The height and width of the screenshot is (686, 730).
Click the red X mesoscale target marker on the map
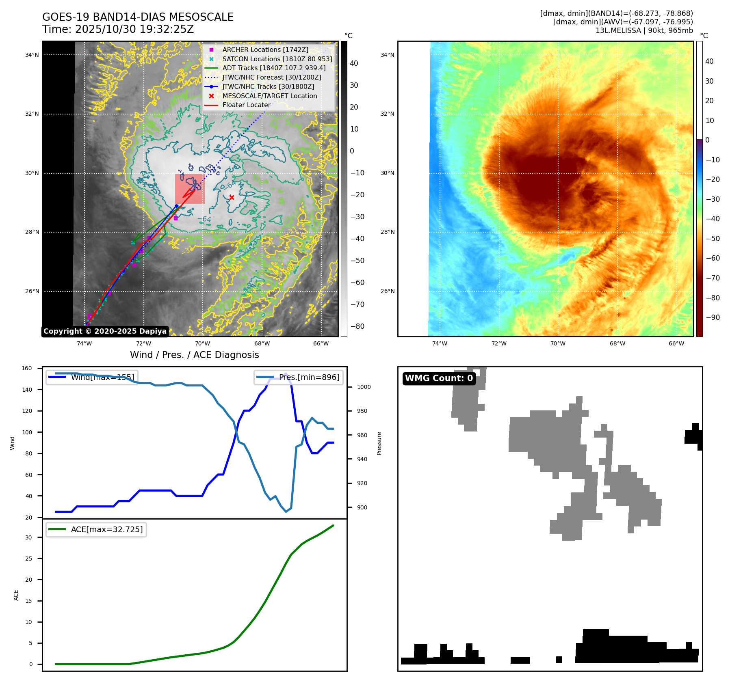pyautogui.click(x=232, y=198)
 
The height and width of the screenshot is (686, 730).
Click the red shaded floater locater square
pyautogui.click(x=190, y=189)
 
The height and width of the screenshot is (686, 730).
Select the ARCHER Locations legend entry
pyautogui.click(x=265, y=50)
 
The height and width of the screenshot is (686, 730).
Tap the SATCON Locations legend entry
pyautogui.click(x=277, y=59)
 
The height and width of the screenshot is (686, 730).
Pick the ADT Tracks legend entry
pyautogui.click(x=273, y=68)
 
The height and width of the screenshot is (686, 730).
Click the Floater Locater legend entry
pyautogui.click(x=246, y=105)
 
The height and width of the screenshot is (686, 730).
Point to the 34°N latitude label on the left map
pyautogui.click(x=32, y=55)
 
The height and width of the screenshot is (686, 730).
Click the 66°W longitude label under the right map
pyautogui.click(x=676, y=343)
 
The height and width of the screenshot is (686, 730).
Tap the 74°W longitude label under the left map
pyautogui.click(x=84, y=343)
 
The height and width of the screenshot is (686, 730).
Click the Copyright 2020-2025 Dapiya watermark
pyautogui.click(x=105, y=331)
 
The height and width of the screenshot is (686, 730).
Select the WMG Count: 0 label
pyautogui.click(x=439, y=378)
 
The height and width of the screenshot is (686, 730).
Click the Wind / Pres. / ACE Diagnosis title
pyautogui.click(x=194, y=355)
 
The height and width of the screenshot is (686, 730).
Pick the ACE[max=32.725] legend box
pyautogui.click(x=96, y=529)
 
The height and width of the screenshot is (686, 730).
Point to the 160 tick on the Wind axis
pyautogui.click(x=27, y=369)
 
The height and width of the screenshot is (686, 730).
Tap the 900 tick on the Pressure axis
pyautogui.click(x=362, y=507)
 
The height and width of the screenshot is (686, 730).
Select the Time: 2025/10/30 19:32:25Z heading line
pyautogui.click(x=118, y=29)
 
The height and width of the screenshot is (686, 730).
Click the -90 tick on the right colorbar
pyautogui.click(x=713, y=317)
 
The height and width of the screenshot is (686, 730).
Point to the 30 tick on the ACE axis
pyautogui.click(x=28, y=537)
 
